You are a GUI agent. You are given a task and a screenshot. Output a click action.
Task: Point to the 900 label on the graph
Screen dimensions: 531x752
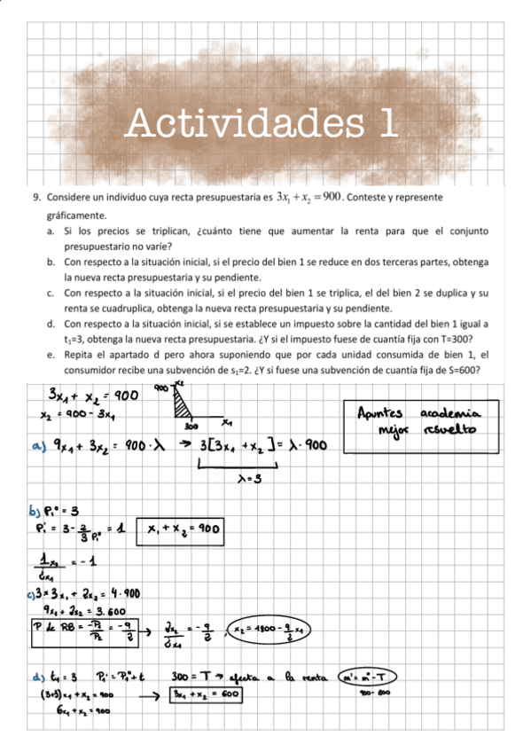[x=161, y=388]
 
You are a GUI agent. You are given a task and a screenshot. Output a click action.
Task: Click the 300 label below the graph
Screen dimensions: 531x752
[x=190, y=427]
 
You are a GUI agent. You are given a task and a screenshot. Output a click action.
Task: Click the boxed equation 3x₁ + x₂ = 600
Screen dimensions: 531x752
[x=207, y=694]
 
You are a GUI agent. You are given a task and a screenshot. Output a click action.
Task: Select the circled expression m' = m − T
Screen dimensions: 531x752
[x=367, y=678]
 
